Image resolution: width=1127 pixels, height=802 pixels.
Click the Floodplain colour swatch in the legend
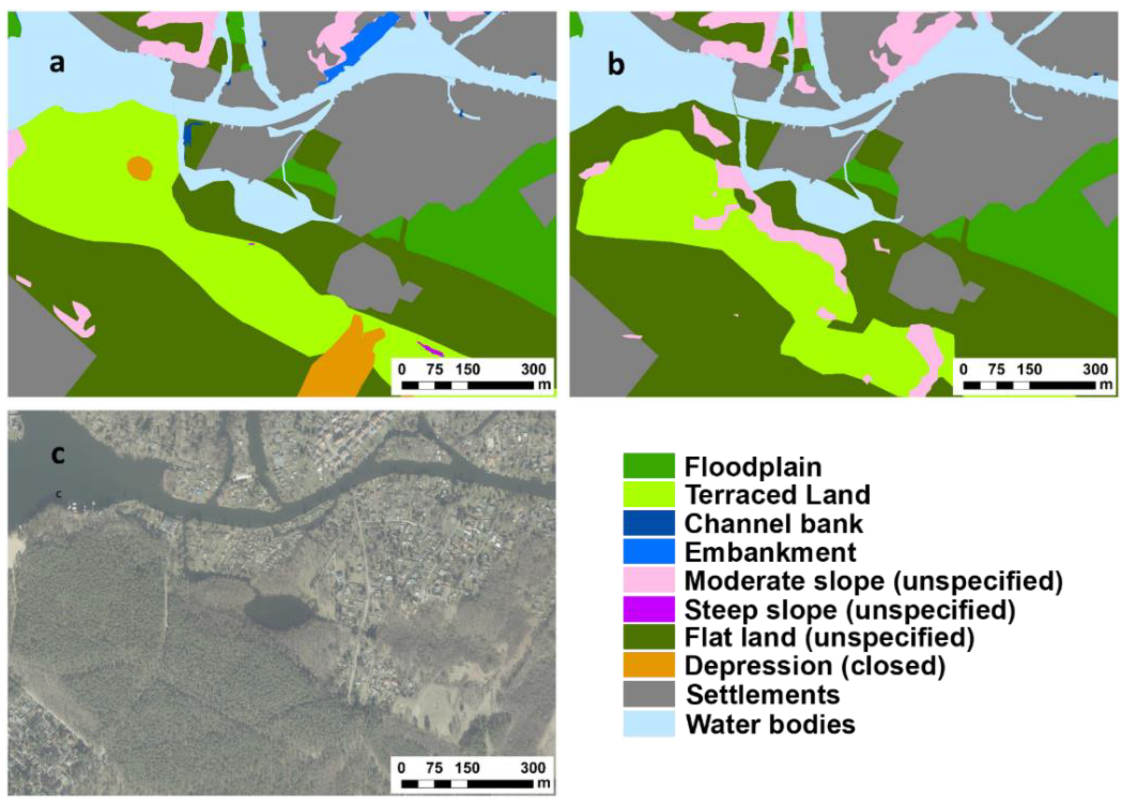coord(648,466)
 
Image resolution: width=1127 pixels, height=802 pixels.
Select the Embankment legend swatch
coord(648,551)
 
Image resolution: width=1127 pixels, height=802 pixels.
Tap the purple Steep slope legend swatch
coord(648,609)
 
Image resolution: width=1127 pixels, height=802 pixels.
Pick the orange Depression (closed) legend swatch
coord(648,665)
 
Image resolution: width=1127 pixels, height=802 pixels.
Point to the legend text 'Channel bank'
coord(773,523)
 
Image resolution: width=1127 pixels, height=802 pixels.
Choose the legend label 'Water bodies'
coord(770,724)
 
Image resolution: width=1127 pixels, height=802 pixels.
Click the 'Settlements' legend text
coord(763,695)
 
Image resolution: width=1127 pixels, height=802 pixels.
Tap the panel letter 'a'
coord(57,63)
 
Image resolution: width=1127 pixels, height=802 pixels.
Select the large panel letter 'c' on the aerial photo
coord(58,454)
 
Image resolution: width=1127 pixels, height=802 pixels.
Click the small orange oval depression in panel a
coord(140,169)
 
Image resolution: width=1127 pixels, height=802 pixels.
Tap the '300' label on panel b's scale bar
coord(1095,370)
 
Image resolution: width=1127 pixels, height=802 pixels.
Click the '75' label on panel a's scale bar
coord(434,370)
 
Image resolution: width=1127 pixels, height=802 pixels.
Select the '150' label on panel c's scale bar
coord(467,768)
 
